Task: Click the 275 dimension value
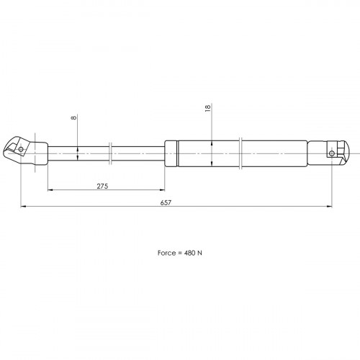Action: (102, 186)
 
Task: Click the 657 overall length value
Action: (166, 202)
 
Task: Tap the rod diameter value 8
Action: (74, 117)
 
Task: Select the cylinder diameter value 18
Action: (208, 107)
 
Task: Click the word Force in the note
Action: (166, 253)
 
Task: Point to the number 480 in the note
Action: (189, 253)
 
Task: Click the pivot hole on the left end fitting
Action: (21, 149)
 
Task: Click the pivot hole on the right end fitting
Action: (332, 153)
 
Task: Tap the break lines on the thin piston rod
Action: (110, 153)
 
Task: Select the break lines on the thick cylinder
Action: (240, 153)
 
